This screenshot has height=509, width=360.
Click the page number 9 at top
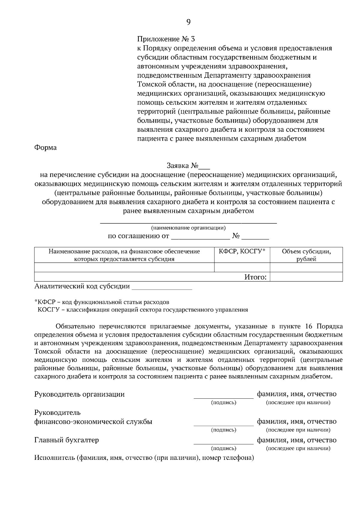pyautogui.click(x=188, y=22)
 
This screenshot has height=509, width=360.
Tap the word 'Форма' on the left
pyautogui.click(x=46, y=148)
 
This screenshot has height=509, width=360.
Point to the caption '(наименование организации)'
pyautogui.click(x=188, y=228)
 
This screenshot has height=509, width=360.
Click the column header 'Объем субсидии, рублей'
pyautogui.click(x=306, y=255)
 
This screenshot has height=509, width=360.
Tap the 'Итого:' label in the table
pyautogui.click(x=256, y=277)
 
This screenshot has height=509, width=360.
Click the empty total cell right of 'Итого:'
pyautogui.click(x=306, y=277)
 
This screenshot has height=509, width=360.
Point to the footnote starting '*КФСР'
pyautogui.click(x=102, y=302)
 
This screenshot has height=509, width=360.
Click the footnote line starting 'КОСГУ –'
pyautogui.click(x=143, y=310)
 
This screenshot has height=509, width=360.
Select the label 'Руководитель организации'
pyautogui.click(x=79, y=394)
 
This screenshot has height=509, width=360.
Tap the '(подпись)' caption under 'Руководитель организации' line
pyautogui.click(x=223, y=403)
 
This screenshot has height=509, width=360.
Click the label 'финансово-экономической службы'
pyautogui.click(x=93, y=422)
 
